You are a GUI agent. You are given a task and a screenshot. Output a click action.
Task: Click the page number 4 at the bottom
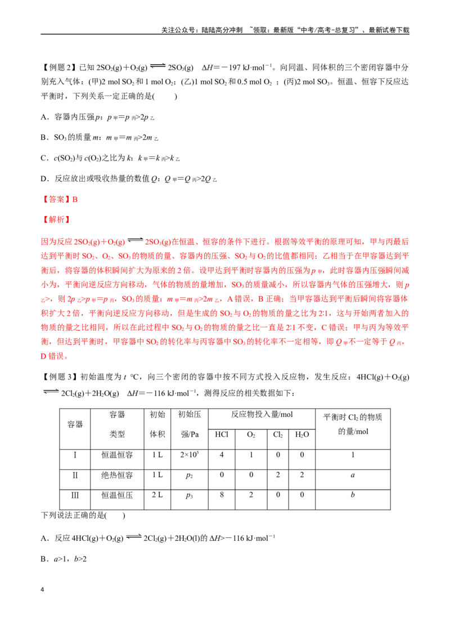[x=42, y=590]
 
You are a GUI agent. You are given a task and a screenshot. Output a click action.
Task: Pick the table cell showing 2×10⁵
[x=189, y=455]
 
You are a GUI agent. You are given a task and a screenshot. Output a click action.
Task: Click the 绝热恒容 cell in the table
[x=117, y=475]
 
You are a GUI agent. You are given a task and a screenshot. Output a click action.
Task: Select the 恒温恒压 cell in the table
[x=117, y=495]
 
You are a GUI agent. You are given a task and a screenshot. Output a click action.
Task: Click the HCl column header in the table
[x=222, y=434]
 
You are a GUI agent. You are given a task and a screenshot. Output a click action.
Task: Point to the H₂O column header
[x=301, y=434]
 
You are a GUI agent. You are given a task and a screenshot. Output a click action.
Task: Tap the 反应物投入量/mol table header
[x=262, y=414]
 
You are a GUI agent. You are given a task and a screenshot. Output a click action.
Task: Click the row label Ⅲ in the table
[x=75, y=495]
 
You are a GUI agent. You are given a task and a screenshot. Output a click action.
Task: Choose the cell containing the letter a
[x=353, y=475]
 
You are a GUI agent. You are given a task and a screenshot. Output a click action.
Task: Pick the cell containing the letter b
[x=353, y=495]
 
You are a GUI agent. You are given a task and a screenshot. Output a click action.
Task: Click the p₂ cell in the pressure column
[x=189, y=475]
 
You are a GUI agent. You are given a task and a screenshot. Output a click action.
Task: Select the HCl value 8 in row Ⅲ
[x=222, y=495]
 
